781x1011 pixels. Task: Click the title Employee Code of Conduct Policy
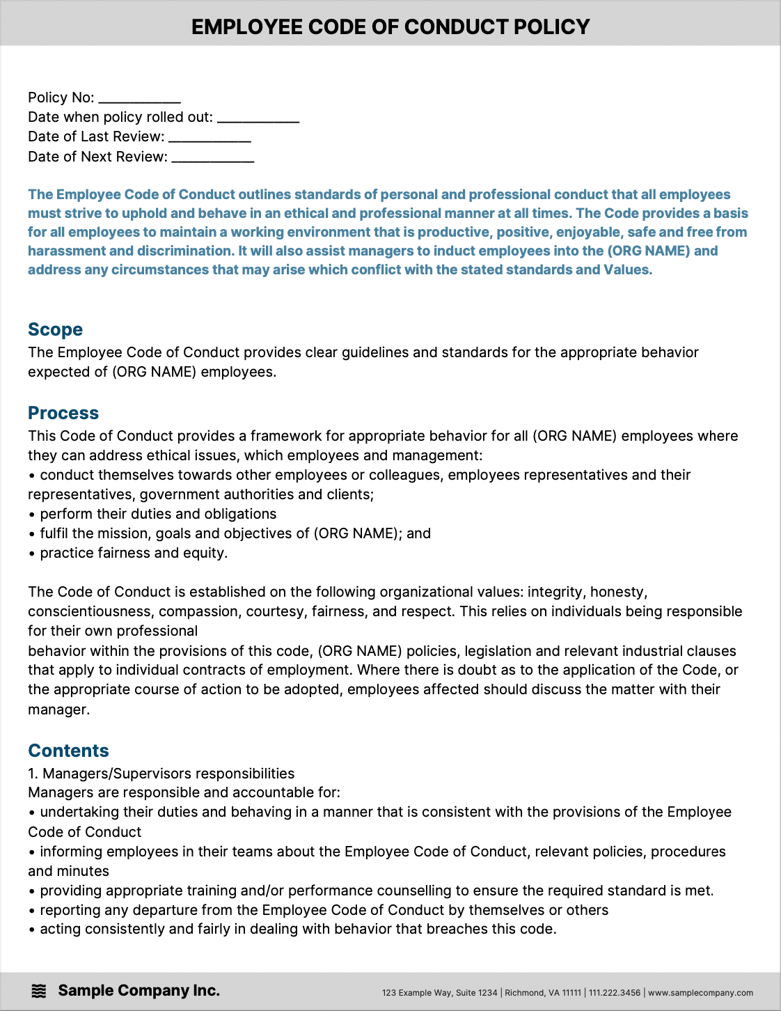390,26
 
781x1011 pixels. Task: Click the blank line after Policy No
139,99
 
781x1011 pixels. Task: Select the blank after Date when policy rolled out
258,118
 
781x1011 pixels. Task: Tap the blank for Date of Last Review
210,138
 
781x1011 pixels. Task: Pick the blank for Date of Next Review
212,158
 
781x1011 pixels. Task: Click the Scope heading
55,329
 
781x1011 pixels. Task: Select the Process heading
63,413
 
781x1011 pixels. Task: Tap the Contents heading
68,751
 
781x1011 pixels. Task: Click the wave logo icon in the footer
39,991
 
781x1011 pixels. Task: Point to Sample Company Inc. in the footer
139,991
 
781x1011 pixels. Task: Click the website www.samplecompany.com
700,993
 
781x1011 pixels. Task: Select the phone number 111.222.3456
615,993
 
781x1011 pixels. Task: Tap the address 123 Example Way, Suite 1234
439,993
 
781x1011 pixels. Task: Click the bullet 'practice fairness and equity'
133,553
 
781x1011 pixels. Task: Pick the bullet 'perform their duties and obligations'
157,514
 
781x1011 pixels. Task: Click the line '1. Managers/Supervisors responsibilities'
161,774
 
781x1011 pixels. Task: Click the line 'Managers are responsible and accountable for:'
184,792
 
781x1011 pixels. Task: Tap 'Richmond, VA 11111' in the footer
543,993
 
